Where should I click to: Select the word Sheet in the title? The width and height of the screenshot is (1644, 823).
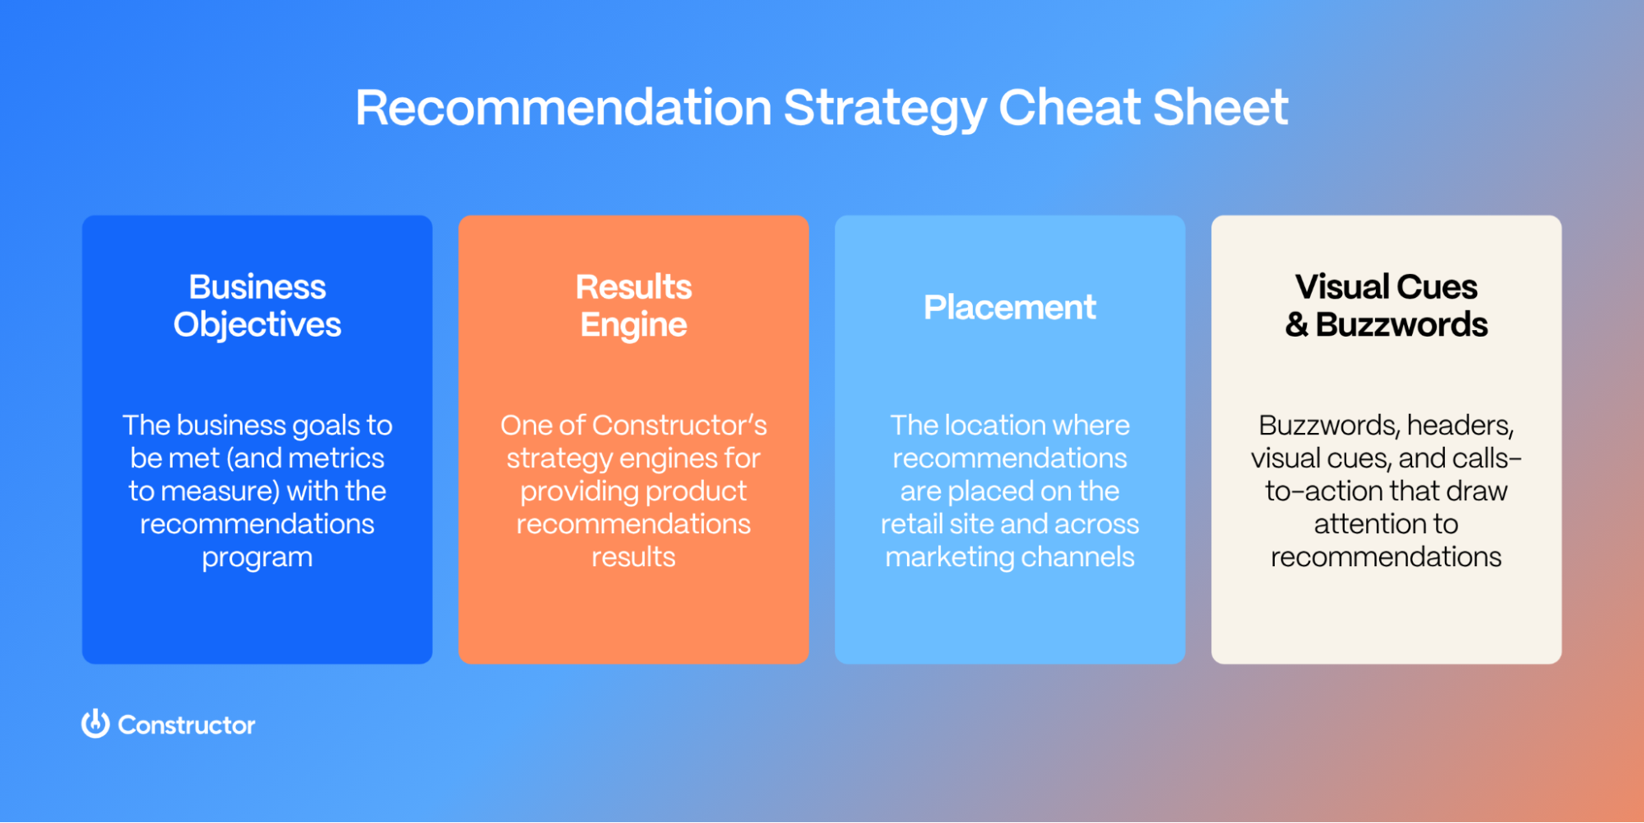click(1220, 108)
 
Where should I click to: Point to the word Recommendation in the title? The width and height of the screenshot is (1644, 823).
click(563, 108)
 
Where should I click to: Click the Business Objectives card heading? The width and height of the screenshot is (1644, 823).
click(257, 305)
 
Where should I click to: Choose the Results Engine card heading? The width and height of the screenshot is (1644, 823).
click(633, 305)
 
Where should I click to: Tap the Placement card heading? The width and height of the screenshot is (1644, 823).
click(1009, 308)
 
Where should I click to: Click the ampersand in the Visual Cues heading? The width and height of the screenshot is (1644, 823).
click(1297, 325)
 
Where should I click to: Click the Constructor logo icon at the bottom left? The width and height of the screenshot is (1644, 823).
click(95, 724)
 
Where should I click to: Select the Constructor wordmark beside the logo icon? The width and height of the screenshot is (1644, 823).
click(187, 725)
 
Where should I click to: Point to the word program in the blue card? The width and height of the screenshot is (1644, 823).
click(257, 558)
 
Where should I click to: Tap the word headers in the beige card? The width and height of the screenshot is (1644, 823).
click(1460, 425)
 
